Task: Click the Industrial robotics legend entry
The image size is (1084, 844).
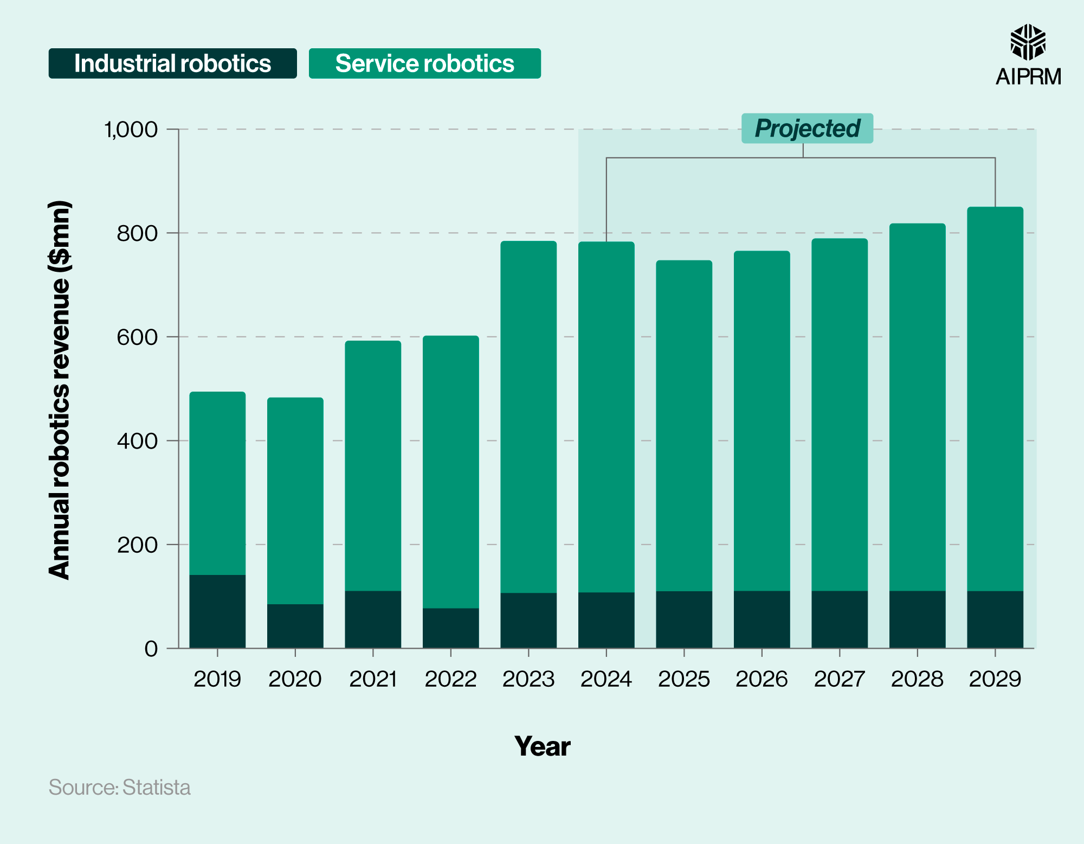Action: click(172, 63)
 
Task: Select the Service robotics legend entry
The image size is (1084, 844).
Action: click(424, 63)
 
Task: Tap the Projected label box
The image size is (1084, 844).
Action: click(807, 129)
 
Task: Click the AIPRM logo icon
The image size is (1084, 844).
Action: click(1028, 42)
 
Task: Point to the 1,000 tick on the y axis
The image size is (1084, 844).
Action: click(131, 130)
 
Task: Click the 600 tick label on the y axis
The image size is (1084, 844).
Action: click(137, 337)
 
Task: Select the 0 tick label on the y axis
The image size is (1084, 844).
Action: click(151, 649)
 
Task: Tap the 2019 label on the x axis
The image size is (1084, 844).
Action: click(217, 679)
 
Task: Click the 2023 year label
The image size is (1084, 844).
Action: click(528, 679)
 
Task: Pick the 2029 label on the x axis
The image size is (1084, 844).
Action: click(995, 679)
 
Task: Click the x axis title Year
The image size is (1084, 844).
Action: click(542, 746)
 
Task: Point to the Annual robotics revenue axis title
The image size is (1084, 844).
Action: click(60, 391)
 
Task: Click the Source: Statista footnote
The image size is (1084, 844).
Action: click(120, 788)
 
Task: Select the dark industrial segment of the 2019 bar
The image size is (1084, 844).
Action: click(217, 611)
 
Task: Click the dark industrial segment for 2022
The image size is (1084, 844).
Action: click(451, 628)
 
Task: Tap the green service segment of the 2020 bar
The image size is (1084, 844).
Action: click(295, 501)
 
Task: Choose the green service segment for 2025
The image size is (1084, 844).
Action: click(684, 426)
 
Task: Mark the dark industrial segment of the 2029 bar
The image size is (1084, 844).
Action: click(995, 619)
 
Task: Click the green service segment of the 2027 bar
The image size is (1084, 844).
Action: click(840, 415)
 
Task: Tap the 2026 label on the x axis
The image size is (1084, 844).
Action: click(762, 679)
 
